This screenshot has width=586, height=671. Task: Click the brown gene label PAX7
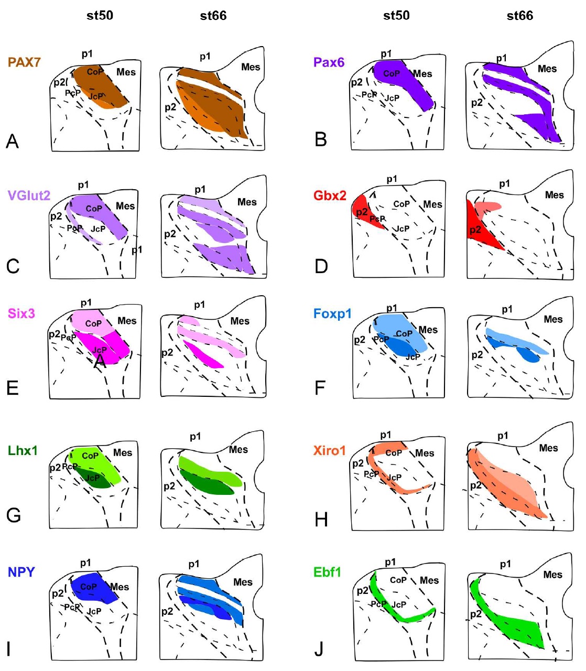click(24, 62)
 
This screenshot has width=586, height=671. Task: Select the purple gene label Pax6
click(329, 62)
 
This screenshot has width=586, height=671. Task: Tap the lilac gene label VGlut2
click(29, 196)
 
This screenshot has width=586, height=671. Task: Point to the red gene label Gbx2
click(330, 196)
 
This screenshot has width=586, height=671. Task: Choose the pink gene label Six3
click(21, 313)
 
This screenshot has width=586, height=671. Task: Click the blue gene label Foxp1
click(332, 314)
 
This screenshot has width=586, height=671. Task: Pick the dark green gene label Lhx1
click(23, 450)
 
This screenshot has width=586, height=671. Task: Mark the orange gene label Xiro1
click(329, 450)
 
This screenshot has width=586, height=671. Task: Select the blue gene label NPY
click(21, 572)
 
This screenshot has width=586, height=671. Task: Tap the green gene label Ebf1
click(327, 572)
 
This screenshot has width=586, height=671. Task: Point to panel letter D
click(321, 266)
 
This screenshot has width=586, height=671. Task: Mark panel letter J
click(319, 650)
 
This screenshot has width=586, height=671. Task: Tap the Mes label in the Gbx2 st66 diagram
click(554, 195)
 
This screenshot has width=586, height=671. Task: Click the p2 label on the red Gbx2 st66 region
click(475, 230)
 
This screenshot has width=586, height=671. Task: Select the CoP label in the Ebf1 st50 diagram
click(398, 580)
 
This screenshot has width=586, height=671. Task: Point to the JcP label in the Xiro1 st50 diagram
click(394, 478)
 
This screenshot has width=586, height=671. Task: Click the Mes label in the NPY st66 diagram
click(243, 582)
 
